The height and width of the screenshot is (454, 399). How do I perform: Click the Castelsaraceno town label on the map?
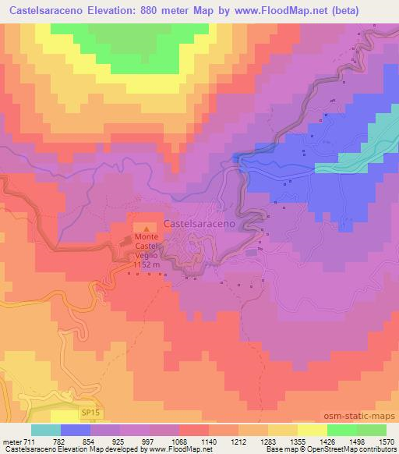pos(210,222)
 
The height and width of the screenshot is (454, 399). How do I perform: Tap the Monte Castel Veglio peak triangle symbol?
pos(145,228)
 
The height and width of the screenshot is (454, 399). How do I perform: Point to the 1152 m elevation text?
pos(147,264)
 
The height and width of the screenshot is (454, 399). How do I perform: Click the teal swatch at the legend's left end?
pos(46,430)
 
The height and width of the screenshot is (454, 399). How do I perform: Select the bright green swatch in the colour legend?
pos(341,430)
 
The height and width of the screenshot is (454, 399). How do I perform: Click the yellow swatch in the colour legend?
pos(312,430)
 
